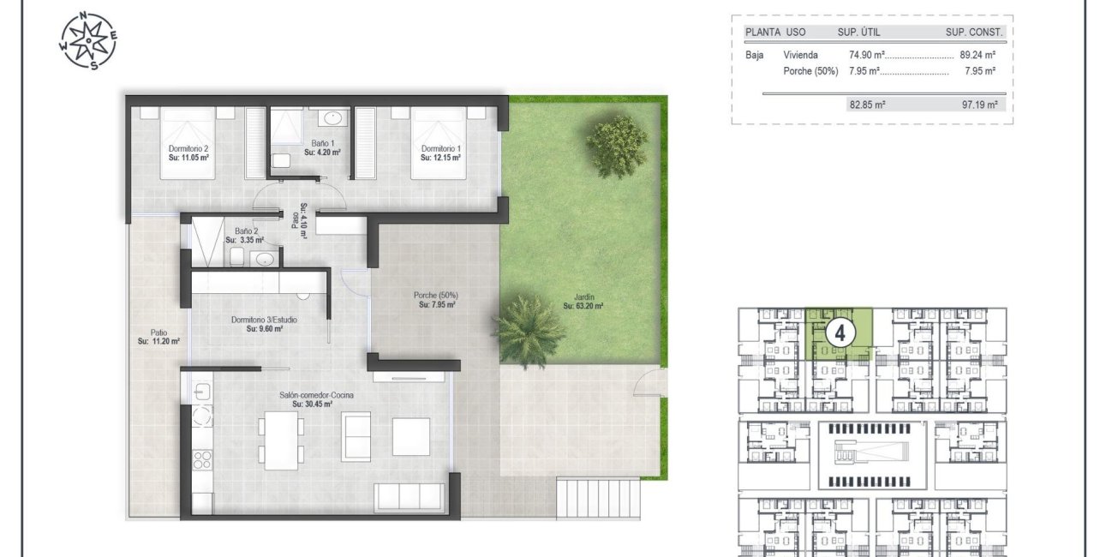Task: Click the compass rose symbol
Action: [89, 40]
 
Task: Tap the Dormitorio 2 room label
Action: [189, 153]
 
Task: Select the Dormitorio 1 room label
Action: [441, 153]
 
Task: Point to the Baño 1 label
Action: [323, 148]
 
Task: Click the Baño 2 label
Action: [246, 236]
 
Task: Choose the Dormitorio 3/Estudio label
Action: [265, 324]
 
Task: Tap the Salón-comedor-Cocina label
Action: [316, 399]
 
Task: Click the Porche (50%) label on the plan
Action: [436, 299]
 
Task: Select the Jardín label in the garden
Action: [584, 301]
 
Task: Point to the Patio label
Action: [158, 337]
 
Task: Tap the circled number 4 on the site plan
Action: [839, 332]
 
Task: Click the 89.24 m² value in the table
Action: [977, 55]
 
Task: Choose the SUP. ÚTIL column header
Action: [858, 33]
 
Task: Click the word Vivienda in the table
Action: [801, 55]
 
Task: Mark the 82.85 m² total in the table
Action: [867, 105]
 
